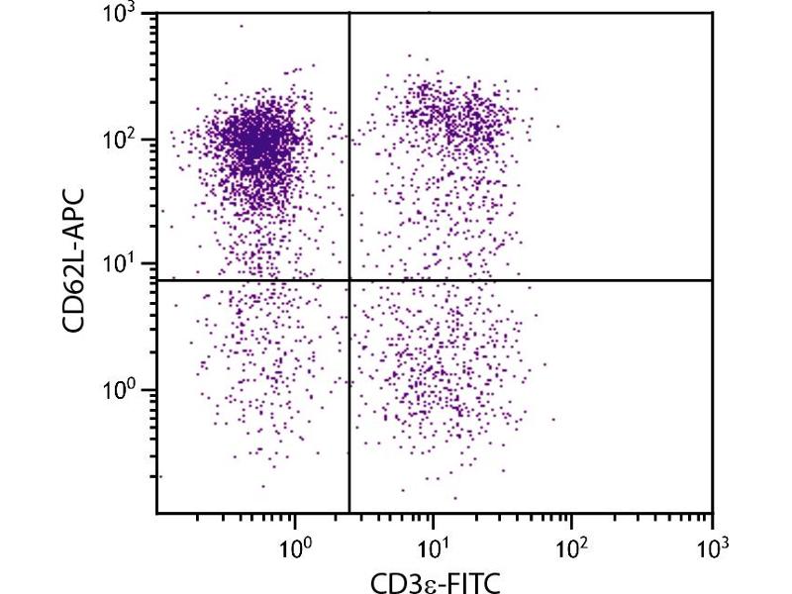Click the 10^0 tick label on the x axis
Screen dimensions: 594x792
coord(295,544)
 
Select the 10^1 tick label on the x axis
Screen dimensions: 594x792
coord(434,544)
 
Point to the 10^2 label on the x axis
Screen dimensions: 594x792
coord(572,544)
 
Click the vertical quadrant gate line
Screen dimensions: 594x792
coord(349,396)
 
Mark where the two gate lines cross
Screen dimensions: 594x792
coord(349,280)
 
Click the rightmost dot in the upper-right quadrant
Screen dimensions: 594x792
coord(558,126)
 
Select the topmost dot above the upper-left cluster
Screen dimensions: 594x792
coord(241,26)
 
